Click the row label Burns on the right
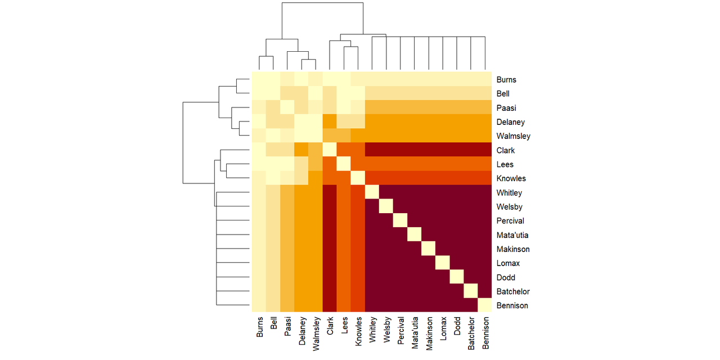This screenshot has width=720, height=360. (x=506, y=80)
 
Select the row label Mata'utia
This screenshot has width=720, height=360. (x=512, y=235)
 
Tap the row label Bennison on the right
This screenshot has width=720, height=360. (x=512, y=305)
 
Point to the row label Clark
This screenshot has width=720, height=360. (x=506, y=150)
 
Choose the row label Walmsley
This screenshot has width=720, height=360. (x=513, y=136)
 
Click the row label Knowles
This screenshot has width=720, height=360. (x=511, y=178)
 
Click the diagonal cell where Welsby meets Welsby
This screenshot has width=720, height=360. (x=386, y=206)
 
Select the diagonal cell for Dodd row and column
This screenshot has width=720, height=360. (x=456, y=277)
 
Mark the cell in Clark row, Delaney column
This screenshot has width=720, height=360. (x=301, y=150)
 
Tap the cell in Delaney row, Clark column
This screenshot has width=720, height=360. (x=330, y=122)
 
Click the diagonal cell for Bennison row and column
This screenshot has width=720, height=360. (x=484, y=305)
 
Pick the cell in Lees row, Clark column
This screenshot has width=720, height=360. (x=330, y=164)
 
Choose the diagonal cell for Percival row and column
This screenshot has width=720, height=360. (x=400, y=220)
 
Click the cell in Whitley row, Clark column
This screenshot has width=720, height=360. (x=330, y=192)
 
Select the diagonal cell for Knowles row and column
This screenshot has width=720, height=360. (x=358, y=178)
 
